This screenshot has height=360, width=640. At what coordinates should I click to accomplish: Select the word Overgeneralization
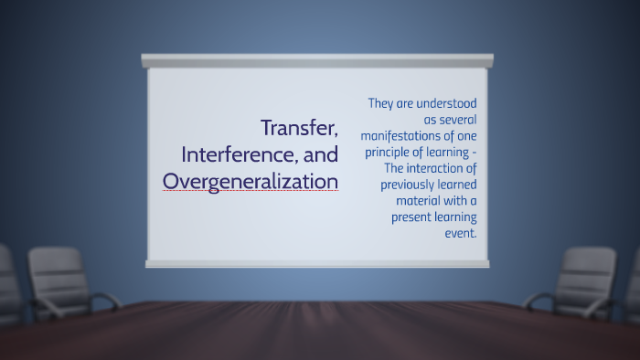tap(251, 181)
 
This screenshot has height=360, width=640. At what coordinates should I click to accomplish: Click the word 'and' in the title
tap(320, 154)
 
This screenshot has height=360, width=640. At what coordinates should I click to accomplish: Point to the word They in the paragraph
tap(383, 103)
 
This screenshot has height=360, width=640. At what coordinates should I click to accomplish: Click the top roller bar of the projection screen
tap(317, 60)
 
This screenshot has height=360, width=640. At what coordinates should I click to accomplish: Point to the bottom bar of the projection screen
tap(317, 263)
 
